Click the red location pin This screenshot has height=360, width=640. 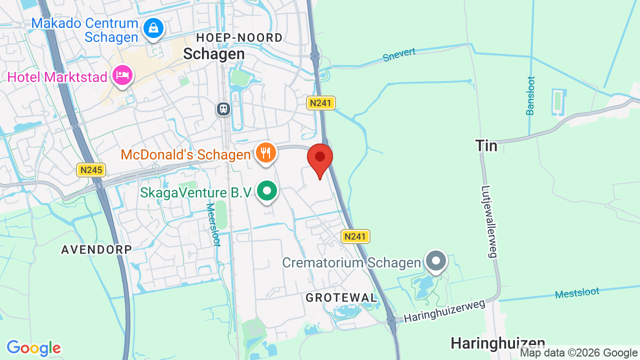[x=320, y=157]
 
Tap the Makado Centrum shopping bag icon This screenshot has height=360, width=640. [x=153, y=28]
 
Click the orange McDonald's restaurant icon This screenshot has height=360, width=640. [x=265, y=152]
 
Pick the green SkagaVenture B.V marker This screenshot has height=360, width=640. [x=267, y=191]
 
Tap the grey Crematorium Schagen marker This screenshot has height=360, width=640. [x=436, y=261]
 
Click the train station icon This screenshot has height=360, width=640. [x=223, y=108]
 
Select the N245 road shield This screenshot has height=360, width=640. [x=91, y=170]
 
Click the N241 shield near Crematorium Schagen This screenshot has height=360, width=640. [x=355, y=236]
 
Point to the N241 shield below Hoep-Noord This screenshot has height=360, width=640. [x=320, y=103]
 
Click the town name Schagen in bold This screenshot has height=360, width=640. [x=214, y=54]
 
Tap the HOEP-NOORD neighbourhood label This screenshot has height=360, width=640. [x=239, y=37]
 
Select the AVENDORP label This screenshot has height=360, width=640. [x=96, y=249]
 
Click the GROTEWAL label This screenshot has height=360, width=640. [x=341, y=298]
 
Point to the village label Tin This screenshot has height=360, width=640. [x=486, y=146]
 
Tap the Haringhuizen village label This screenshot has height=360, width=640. [x=498, y=343]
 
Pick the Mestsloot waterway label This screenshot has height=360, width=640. [x=577, y=293]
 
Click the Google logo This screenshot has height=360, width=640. [x=34, y=348]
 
